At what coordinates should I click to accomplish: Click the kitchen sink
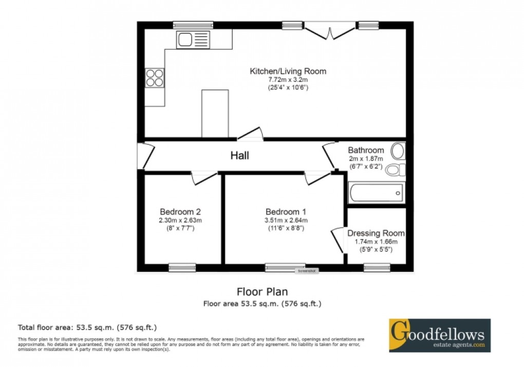tap(193, 40)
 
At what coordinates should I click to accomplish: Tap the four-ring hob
tap(155, 78)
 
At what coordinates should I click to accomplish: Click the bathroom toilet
tap(396, 169)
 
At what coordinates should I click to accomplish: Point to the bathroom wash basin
tap(398, 151)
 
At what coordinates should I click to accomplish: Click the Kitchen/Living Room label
tap(288, 71)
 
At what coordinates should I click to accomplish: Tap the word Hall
tap(239, 155)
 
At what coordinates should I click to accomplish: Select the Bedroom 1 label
tap(286, 212)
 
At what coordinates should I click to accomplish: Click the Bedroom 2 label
tap(180, 212)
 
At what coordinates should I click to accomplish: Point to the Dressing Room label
tap(376, 233)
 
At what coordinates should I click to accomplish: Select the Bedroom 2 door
tap(203, 177)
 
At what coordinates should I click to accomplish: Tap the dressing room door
tap(337, 240)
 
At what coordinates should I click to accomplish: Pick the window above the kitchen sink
tap(193, 24)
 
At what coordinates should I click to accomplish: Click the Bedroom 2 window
tap(182, 267)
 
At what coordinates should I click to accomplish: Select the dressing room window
tap(377, 267)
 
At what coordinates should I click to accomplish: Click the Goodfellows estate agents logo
tap(439, 335)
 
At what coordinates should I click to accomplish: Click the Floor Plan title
tap(262, 292)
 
